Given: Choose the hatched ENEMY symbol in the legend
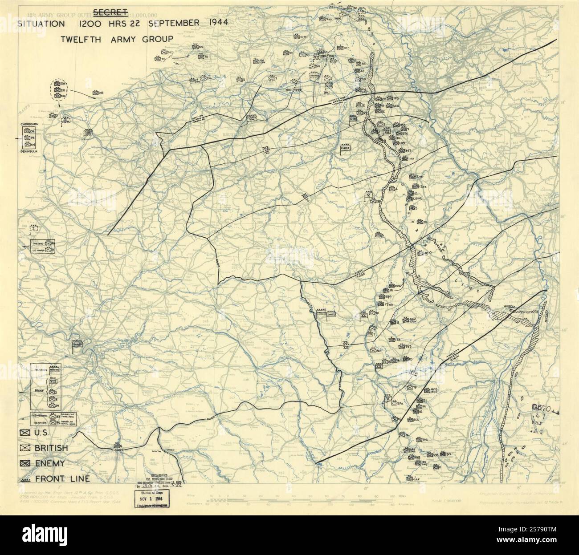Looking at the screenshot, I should point(25,463).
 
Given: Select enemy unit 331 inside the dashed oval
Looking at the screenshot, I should point(57,90).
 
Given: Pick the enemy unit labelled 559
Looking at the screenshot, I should point(382,297).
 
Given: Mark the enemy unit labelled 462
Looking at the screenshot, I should point(405,320).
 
